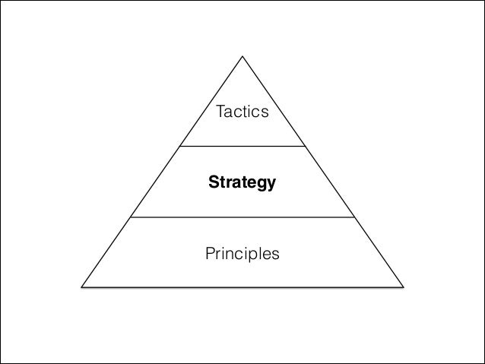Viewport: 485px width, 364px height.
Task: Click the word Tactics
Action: point(242,112)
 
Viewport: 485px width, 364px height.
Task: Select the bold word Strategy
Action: point(242,183)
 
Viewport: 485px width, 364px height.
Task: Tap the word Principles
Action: point(242,252)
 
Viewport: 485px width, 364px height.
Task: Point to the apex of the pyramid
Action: point(242,57)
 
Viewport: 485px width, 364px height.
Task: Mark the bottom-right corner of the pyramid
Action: point(403,288)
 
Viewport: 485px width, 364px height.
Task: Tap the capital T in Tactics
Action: point(220,112)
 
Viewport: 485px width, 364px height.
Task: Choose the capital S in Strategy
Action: point(214,183)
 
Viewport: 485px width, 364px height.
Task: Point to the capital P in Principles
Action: point(210,252)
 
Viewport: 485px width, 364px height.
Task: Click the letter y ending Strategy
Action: point(271,185)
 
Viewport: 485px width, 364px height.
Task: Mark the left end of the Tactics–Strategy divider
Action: point(181,145)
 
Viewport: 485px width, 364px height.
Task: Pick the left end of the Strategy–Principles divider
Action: point(132,217)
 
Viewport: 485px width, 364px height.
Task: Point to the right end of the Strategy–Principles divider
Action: point(353,217)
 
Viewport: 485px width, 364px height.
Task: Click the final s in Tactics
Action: point(265,113)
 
